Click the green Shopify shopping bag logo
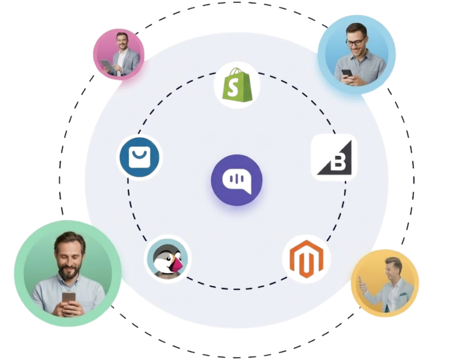click(x=237, y=85)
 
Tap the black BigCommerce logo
click(x=334, y=157)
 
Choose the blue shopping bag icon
click(x=139, y=157)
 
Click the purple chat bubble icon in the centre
click(x=237, y=180)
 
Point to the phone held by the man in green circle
click(x=69, y=301)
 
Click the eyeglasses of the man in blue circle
click(x=355, y=42)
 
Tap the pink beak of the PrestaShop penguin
click(x=178, y=266)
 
